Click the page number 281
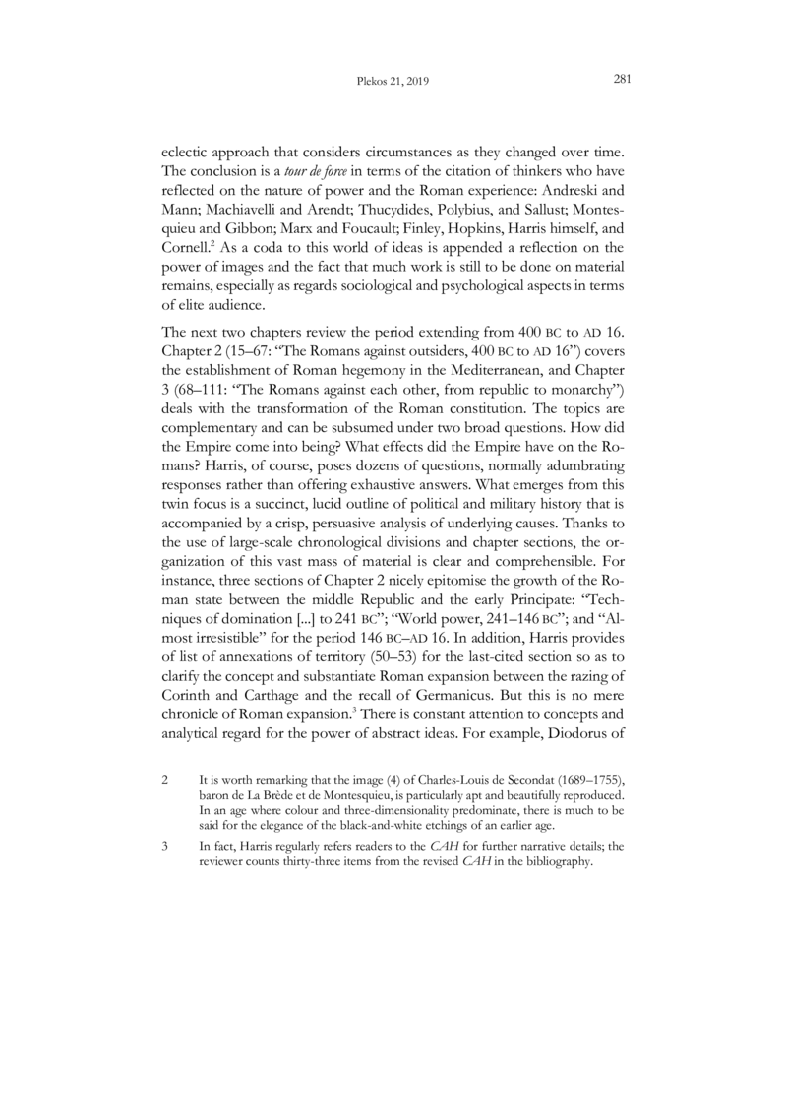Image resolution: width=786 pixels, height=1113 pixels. tap(621, 81)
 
